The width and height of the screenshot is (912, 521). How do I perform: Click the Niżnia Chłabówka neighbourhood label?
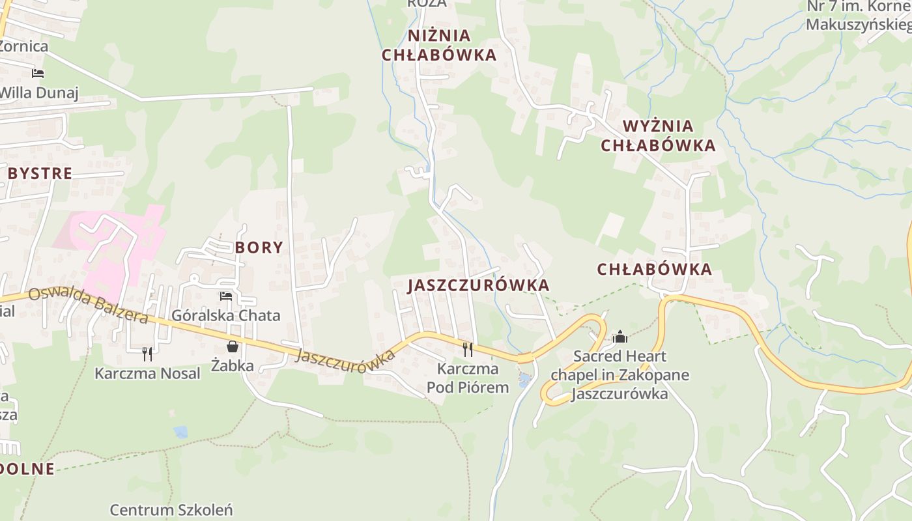439,45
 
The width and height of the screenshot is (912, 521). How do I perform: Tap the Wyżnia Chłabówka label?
658,135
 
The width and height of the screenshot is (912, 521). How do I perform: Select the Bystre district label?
40,173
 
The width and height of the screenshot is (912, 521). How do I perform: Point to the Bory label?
259,247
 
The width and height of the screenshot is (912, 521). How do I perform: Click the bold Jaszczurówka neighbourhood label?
479,285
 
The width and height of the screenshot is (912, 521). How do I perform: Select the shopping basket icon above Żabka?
232,346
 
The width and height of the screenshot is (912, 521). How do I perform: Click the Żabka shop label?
233,365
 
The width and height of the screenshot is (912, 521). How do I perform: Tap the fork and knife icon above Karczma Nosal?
147,354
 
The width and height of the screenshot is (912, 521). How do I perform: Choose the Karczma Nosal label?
147,373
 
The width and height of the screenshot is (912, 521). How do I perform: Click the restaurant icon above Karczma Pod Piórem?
468,349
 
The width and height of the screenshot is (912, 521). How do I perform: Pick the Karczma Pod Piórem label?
468,378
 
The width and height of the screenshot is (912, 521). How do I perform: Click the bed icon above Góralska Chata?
226,296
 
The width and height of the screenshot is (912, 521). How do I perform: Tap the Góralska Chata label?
226,316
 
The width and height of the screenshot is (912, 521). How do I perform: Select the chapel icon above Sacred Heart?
620,337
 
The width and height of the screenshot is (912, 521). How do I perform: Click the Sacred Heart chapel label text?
620,375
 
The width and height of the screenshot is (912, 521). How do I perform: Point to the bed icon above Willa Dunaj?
38,73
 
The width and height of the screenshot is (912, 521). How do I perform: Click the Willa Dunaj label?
38,92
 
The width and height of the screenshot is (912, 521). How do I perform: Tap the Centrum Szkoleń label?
171,509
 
